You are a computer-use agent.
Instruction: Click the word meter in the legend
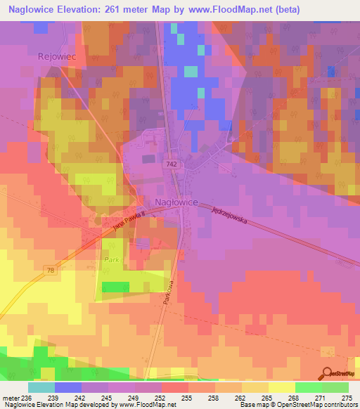pos(11,398)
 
